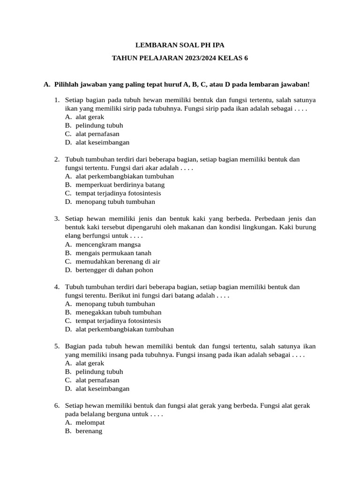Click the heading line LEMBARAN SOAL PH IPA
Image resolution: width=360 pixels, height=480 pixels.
click(180, 45)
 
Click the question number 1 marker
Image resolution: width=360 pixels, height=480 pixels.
click(57, 100)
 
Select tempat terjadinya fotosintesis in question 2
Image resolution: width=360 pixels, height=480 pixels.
click(118, 193)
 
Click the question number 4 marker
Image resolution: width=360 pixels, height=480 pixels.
click(57, 286)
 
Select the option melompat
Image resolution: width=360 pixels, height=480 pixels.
click(90, 422)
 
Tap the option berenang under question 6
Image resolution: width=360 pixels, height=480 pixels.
click(89, 431)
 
